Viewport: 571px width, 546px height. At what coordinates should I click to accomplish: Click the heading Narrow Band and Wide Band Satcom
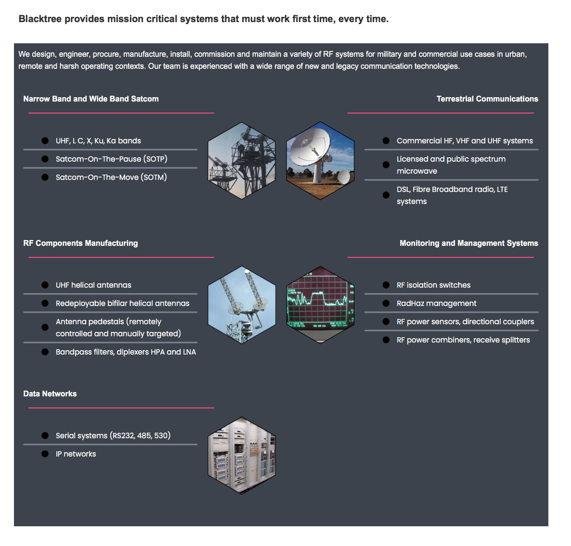pyautogui.click(x=91, y=99)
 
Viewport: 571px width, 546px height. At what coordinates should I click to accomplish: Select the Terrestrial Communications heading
pyautogui.click(x=487, y=99)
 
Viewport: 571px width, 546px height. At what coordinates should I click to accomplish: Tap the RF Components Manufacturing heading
pyautogui.click(x=80, y=243)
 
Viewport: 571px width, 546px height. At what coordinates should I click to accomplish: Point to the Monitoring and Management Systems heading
pyautogui.click(x=468, y=243)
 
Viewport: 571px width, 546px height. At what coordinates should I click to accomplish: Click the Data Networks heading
pyautogui.click(x=50, y=394)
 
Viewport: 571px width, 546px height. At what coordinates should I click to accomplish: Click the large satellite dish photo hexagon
pyautogui.click(x=320, y=161)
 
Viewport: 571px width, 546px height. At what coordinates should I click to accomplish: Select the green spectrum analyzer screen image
pyautogui.click(x=320, y=305)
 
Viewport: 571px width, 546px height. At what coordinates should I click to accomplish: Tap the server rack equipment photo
pyautogui.click(x=242, y=456)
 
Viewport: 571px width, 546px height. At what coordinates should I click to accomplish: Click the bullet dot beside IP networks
pyautogui.click(x=45, y=454)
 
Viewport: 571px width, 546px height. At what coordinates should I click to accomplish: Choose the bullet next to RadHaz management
pyautogui.click(x=386, y=304)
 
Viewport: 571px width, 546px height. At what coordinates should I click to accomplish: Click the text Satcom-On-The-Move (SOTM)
pyautogui.click(x=111, y=178)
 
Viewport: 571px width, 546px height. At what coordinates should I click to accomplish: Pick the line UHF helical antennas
pyautogui.click(x=93, y=285)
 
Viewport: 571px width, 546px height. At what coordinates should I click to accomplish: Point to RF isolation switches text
pyautogui.click(x=433, y=285)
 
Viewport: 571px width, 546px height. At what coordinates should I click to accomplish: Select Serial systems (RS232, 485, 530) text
pyautogui.click(x=113, y=436)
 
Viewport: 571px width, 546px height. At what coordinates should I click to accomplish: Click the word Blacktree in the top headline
pyautogui.click(x=40, y=19)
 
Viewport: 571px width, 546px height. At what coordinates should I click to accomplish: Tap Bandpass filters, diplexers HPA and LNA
pyautogui.click(x=126, y=352)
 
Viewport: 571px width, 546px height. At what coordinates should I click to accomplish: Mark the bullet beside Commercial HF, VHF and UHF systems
pyautogui.click(x=386, y=141)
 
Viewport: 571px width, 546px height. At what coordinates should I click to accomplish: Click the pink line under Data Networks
pyautogui.click(x=121, y=408)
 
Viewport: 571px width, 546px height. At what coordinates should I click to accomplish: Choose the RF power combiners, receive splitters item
pyautogui.click(x=463, y=340)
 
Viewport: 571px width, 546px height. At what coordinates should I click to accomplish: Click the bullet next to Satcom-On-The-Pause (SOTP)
pyautogui.click(x=45, y=159)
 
